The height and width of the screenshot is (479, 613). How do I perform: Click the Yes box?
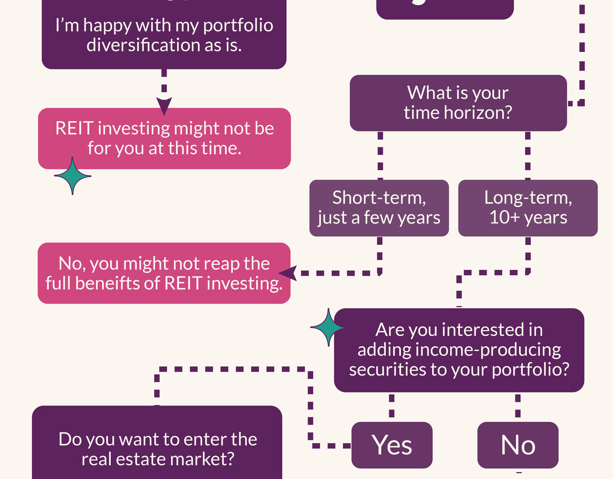[x=392, y=445]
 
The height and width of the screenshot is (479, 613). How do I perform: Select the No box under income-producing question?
[x=518, y=445]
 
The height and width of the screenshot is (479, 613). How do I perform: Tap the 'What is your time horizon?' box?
[x=458, y=103]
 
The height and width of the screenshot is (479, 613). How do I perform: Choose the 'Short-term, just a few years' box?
[x=379, y=208]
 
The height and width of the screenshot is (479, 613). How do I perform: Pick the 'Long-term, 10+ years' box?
[x=528, y=208]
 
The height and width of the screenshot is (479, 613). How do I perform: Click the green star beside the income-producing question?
[x=328, y=328]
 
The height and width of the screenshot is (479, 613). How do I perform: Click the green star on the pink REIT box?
[x=72, y=176]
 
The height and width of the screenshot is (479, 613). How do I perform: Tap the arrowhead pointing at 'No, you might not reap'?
[x=288, y=273]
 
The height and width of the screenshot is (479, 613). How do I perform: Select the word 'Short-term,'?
[x=379, y=198]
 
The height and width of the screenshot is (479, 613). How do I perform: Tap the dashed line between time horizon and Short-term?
[x=380, y=155]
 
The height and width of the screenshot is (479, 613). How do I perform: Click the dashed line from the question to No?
[x=518, y=407]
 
